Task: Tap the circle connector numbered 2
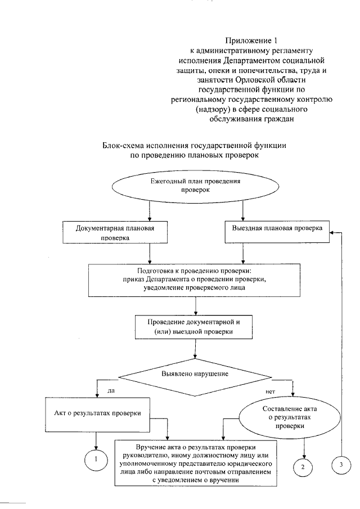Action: point(304,467)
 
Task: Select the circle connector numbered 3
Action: point(340,465)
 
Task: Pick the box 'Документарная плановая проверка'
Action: point(106,233)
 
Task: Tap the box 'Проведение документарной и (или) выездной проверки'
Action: point(195,326)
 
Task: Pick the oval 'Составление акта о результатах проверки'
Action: point(286,417)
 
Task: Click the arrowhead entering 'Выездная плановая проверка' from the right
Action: point(333,231)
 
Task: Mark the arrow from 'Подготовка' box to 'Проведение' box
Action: point(195,305)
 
